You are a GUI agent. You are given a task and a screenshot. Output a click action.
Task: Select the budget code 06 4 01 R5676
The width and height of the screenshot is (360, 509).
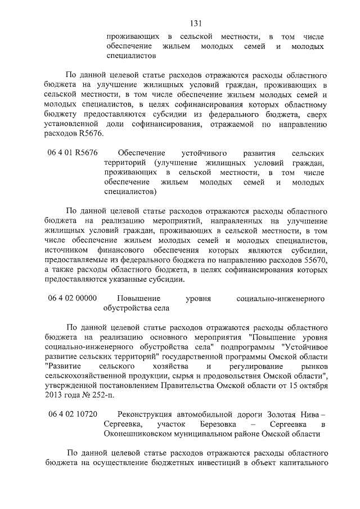coord(73,153)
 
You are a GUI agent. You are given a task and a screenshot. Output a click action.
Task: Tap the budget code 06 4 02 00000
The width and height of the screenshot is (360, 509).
coord(73,298)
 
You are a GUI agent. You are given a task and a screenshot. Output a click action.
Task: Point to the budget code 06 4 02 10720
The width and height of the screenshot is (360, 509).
coord(73,414)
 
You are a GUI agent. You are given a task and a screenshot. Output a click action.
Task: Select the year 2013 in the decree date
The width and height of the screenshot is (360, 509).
coord(56,394)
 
